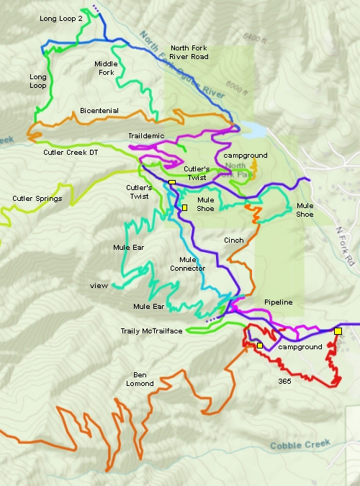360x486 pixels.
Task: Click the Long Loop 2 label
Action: (x=60, y=19)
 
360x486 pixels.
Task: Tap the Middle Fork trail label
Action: (x=107, y=68)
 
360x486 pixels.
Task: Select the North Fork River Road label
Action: (x=190, y=53)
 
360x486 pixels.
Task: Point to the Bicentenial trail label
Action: (x=99, y=111)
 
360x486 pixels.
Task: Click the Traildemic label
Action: (x=147, y=135)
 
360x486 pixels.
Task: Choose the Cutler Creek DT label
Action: (x=65, y=152)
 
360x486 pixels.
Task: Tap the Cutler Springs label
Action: (x=37, y=199)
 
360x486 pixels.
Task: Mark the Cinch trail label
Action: (x=234, y=240)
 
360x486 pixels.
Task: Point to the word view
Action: (x=99, y=286)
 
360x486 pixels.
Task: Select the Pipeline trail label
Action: (x=278, y=302)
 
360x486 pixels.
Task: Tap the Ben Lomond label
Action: (x=139, y=379)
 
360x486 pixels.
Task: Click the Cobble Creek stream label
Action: (x=300, y=446)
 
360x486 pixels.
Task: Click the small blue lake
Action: (x=253, y=130)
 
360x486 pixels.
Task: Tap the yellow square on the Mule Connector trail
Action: (x=184, y=207)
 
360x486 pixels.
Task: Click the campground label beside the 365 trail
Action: (x=300, y=347)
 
